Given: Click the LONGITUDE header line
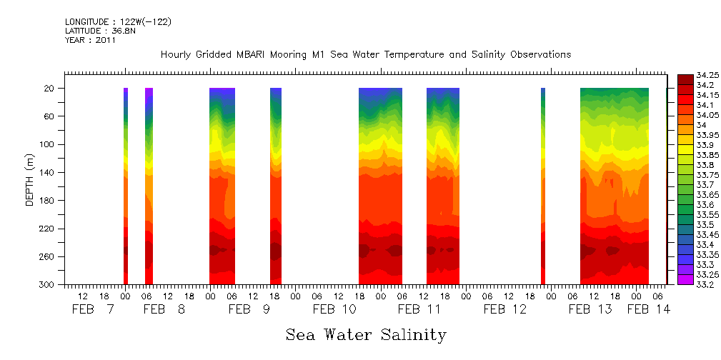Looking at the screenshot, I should [118, 22].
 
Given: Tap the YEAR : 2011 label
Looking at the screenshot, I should [89, 40].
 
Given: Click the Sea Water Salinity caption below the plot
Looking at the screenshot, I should [366, 334].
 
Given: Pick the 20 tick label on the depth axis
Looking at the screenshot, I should [50, 88].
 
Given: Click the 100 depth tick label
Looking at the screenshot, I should [47, 144].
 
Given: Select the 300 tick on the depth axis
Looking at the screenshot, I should [47, 284].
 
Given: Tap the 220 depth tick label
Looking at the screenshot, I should [47, 229].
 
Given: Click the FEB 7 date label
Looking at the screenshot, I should [94, 309].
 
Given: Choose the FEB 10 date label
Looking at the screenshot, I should [334, 309].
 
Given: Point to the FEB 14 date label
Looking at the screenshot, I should [649, 309].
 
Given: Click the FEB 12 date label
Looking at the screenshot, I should [504, 309].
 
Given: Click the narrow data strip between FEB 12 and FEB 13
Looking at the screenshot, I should [543, 186].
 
